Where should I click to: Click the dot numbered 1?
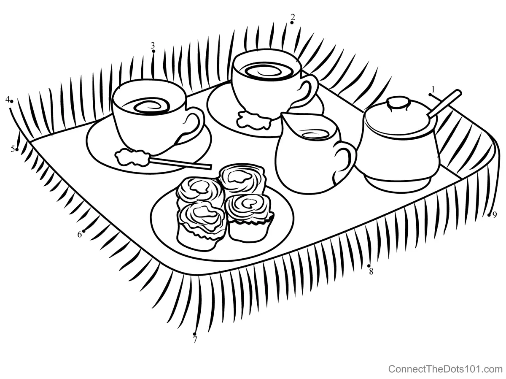point(430,95)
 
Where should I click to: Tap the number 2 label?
point(293,17)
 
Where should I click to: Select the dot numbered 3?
point(154,51)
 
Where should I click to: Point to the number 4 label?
point(8,100)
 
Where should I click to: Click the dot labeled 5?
point(17,150)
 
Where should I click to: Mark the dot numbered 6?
point(84,231)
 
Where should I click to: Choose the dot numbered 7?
point(194,334)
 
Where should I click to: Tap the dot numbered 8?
point(369,266)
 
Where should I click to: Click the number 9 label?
point(494,215)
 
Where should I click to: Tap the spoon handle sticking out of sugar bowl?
point(444,103)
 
